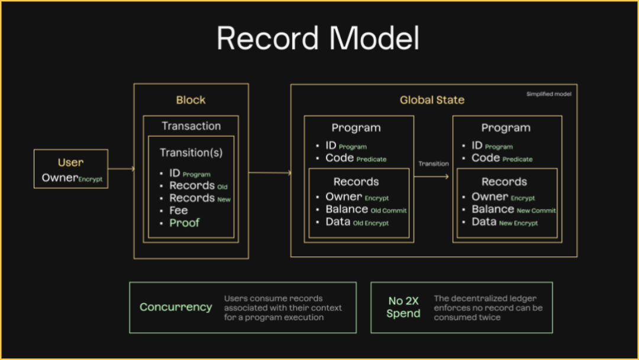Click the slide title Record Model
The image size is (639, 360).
tap(318, 38)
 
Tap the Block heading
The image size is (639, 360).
tap(191, 100)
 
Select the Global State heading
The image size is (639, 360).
tap(432, 100)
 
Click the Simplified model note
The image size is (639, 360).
tap(548, 94)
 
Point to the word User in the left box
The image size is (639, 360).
tap(70, 162)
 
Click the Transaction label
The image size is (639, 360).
tap(191, 126)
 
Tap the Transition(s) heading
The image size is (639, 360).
tap(191, 153)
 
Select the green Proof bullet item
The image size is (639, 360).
tap(185, 223)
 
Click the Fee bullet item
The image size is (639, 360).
tap(178, 210)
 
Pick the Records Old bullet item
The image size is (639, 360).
tap(198, 185)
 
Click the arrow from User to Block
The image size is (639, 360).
tap(121, 169)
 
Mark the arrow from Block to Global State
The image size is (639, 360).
tap(270, 173)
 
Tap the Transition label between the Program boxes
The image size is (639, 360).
tap(433, 164)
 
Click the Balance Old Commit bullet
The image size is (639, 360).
tap(366, 210)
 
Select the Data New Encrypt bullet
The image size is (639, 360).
tap(504, 222)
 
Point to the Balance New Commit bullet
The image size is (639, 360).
tap(513, 210)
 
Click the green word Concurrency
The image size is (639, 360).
tap(176, 307)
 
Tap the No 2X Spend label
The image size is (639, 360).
tap(403, 307)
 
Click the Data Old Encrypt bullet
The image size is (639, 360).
tap(357, 222)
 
